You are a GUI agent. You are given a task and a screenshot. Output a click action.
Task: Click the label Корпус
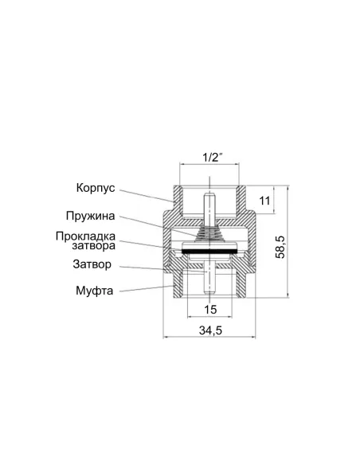tap(96, 189)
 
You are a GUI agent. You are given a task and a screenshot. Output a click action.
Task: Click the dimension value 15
tap(210, 309)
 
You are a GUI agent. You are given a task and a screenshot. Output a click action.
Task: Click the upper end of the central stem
tap(210, 196)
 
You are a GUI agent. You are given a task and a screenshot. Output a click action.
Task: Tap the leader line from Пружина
tap(159, 224)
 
